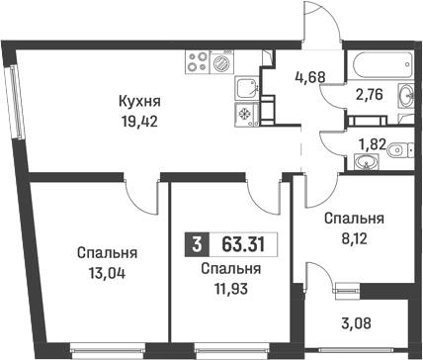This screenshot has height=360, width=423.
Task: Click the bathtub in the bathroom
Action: coord(377,62)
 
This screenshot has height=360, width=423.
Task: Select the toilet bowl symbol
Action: coord(396,151)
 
